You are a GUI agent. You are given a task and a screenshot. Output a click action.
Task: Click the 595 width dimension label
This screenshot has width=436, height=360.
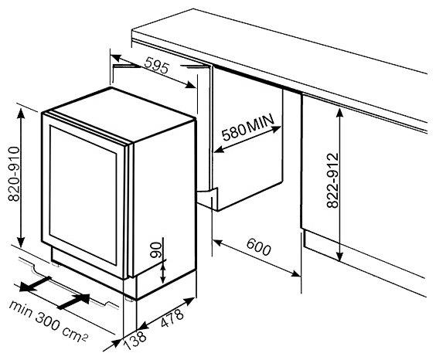point(157,65)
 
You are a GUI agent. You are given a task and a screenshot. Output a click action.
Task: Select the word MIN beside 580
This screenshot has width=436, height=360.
point(261,122)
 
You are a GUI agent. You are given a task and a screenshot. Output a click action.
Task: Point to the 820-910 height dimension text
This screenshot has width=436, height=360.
point(14,174)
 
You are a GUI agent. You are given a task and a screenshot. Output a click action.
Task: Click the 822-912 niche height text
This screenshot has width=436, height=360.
point(333,181)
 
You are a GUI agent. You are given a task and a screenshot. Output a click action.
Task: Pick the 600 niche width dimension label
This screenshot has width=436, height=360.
point(258,247)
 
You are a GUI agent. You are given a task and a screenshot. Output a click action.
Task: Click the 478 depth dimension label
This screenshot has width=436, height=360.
point(172,318)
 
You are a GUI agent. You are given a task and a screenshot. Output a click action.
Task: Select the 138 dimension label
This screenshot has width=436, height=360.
point(135,340)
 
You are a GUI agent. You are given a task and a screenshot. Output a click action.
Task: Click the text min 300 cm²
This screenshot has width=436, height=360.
point(49,321)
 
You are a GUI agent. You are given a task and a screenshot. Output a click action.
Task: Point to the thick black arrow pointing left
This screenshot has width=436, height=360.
point(35,284)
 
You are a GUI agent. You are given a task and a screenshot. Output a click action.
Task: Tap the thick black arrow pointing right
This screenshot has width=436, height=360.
point(73,301)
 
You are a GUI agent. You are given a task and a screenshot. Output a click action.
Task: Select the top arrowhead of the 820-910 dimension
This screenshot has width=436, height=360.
point(21,114)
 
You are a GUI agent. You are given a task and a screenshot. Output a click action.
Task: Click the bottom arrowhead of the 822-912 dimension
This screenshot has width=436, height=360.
point(339,255)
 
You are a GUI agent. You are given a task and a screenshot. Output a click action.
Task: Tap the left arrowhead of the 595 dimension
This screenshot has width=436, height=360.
point(116,57)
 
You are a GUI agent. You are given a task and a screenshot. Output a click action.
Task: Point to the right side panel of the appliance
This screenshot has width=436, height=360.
point(165,196)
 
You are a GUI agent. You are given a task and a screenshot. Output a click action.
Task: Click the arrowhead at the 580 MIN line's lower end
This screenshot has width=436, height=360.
point(219,150)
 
